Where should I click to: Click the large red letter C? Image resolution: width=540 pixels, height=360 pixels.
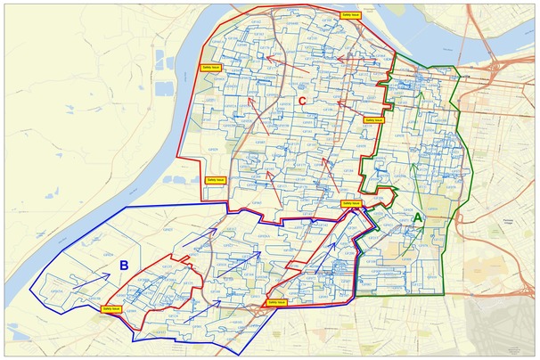tap(302, 102)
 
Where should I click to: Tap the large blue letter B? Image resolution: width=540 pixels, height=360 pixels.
tap(125, 265)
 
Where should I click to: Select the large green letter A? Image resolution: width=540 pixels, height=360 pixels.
tap(418, 217)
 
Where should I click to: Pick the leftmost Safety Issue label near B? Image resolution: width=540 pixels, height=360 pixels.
tap(113, 308)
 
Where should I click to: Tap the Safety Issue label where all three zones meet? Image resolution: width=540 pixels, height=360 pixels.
tap(351, 203)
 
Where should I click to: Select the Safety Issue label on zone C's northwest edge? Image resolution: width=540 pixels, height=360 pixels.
tap(208, 67)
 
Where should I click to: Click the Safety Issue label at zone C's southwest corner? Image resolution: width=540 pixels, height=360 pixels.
tap(217, 179)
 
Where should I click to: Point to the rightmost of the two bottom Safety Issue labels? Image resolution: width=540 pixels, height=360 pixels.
tap(276, 302)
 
